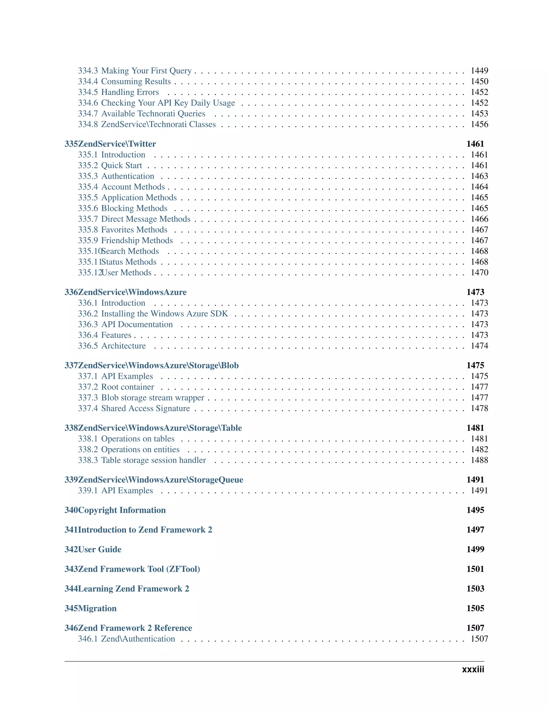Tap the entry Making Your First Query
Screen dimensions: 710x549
click(x=146, y=70)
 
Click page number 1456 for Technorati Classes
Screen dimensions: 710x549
click(x=479, y=124)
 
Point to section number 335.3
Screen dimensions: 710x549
click(x=88, y=176)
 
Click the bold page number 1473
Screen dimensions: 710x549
click(x=475, y=292)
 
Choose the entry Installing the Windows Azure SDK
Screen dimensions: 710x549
click(x=164, y=313)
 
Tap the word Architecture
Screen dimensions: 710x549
click(x=123, y=346)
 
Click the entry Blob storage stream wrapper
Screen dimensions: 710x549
click(x=153, y=398)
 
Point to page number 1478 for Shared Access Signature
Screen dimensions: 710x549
click(x=479, y=408)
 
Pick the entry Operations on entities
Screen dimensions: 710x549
click(x=140, y=449)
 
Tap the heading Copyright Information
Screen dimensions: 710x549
click(x=122, y=510)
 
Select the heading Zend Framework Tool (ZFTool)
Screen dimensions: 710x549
click(x=139, y=569)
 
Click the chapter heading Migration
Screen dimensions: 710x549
click(x=97, y=608)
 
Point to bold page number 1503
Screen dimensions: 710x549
click(x=475, y=588)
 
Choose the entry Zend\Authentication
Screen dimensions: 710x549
click(x=138, y=638)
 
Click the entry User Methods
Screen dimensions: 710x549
click(x=127, y=272)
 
